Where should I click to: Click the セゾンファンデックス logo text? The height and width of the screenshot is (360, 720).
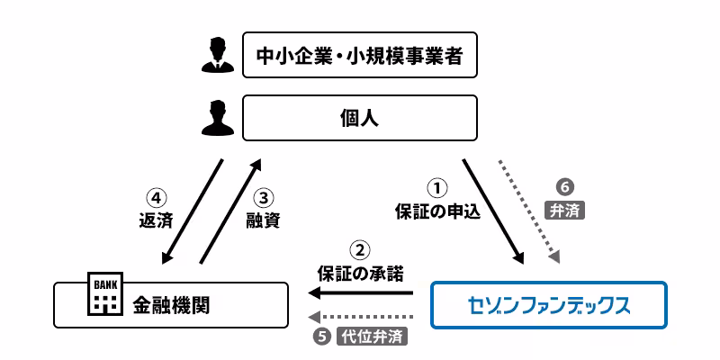pyautogui.click(x=550, y=304)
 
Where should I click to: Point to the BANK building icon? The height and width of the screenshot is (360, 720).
pyautogui.click(x=101, y=294)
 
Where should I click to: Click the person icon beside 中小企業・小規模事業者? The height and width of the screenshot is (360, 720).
pyautogui.click(x=216, y=55)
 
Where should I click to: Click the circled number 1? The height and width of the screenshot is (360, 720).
pyautogui.click(x=436, y=189)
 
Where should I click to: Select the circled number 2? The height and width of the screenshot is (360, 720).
pyautogui.click(x=359, y=249)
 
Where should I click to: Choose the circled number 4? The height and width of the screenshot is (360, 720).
pyautogui.click(x=156, y=197)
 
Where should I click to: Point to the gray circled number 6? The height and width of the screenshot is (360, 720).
pyautogui.click(x=565, y=188)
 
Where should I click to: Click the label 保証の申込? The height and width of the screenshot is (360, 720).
pyautogui.click(x=437, y=212)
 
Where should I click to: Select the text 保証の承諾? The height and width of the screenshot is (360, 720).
pyautogui.click(x=360, y=271)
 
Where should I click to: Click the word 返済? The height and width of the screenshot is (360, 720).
pyautogui.click(x=156, y=220)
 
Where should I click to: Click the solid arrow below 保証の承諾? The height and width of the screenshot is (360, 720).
pyautogui.click(x=360, y=292)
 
